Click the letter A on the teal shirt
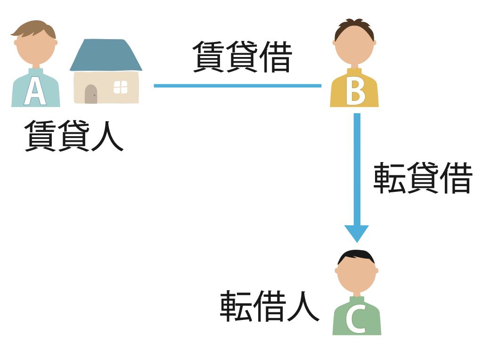click(x=35, y=91)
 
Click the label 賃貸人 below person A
click(x=73, y=135)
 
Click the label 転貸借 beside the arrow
click(x=423, y=179)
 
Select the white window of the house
click(x=121, y=87)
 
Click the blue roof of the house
click(x=106, y=55)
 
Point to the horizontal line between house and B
click(x=237, y=86)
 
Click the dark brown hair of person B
click(x=354, y=27)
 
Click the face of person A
click(x=36, y=47)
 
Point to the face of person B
click(x=354, y=47)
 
